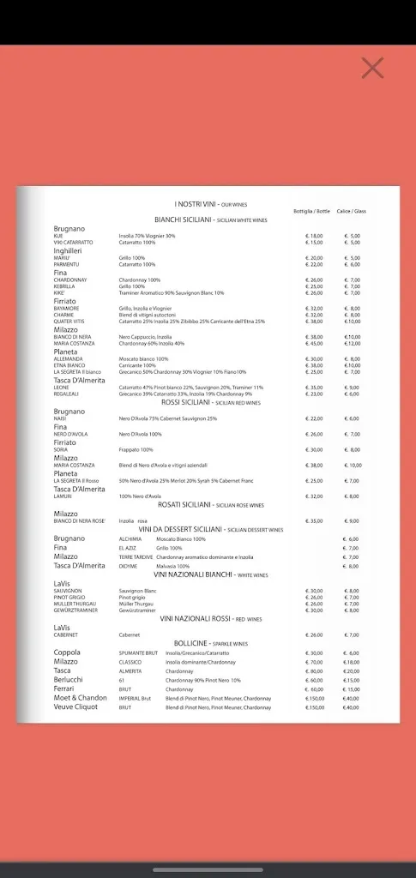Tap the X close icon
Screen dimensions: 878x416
372,68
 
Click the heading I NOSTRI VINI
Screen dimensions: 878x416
196,204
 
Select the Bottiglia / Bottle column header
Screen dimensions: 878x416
311,211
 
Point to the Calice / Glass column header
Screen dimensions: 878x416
352,211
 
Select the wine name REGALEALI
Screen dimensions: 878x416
67,394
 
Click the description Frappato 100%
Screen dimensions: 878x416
136,449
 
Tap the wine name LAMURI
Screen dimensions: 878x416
63,496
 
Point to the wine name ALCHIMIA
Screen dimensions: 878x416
131,538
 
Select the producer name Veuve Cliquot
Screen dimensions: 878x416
75,707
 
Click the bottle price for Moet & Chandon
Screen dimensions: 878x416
314,698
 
